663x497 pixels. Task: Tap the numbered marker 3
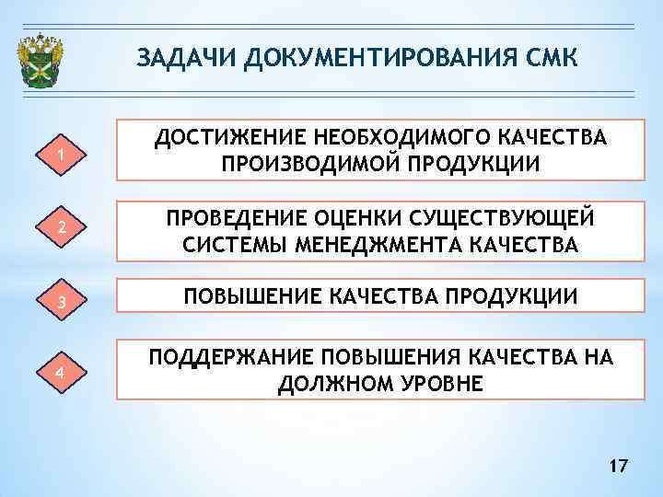60,300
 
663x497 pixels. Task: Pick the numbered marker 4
60,373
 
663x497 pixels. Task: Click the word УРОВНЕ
436,383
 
